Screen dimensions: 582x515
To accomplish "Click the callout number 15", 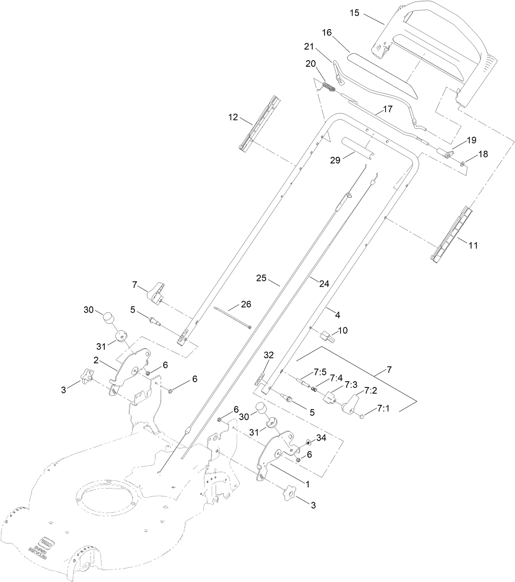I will [355, 13].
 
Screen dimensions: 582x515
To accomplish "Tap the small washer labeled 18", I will [462, 164].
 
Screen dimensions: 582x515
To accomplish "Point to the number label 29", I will [335, 160].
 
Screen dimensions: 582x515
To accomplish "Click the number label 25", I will [261, 279].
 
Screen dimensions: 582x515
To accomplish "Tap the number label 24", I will [324, 283].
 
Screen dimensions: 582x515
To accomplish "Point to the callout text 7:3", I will [350, 384].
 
